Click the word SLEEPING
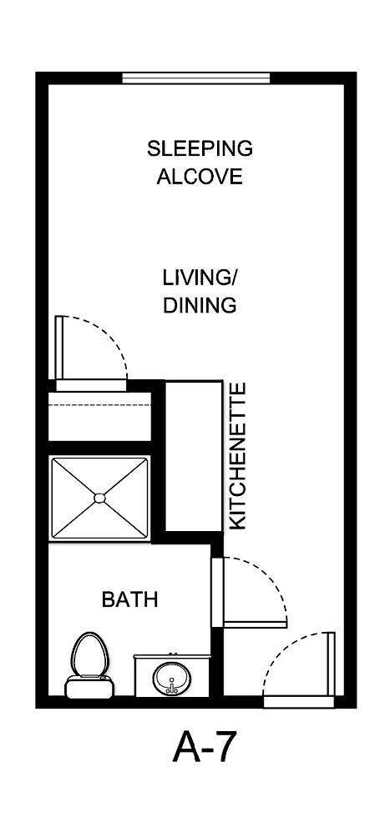(200, 149)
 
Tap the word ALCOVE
(200, 177)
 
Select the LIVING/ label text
(200, 277)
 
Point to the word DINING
(200, 305)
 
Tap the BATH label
(129, 599)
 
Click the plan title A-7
(205, 747)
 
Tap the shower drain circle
(99, 498)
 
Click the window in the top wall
(196, 78)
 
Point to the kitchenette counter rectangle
(194, 456)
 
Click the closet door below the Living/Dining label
(60, 346)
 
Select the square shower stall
(99, 498)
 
